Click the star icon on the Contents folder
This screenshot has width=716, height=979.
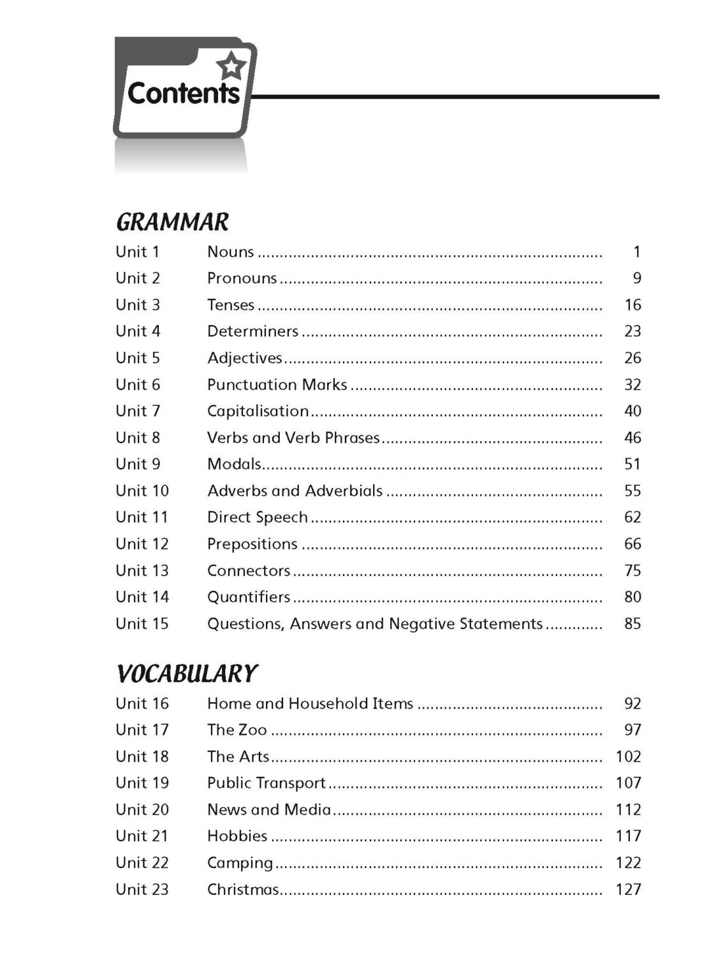coord(231,66)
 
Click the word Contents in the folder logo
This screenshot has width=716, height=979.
coord(184,94)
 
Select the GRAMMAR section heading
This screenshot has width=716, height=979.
coord(172,222)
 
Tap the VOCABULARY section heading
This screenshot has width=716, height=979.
coord(186,674)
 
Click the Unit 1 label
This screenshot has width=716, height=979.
coord(137,252)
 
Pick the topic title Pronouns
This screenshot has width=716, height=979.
coord(242,279)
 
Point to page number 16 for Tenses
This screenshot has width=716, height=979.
coord(632,305)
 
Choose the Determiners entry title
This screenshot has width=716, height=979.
coord(252,331)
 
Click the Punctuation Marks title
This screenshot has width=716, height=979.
coord(277,384)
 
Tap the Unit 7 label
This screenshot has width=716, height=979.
coord(138,411)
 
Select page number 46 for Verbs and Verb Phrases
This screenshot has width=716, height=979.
coord(632,438)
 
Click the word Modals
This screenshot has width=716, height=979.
coord(234,464)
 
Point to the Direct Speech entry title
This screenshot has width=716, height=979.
coord(257,517)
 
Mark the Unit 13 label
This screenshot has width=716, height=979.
coord(142,570)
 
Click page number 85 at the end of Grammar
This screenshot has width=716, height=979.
coord(632,623)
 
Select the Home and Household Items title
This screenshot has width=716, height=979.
coord(310,704)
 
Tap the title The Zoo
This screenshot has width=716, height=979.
coord(237,730)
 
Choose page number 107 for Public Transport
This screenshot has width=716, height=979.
coord(628,783)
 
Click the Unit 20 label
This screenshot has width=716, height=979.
coord(142,809)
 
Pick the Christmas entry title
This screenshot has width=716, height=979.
coord(243,889)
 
